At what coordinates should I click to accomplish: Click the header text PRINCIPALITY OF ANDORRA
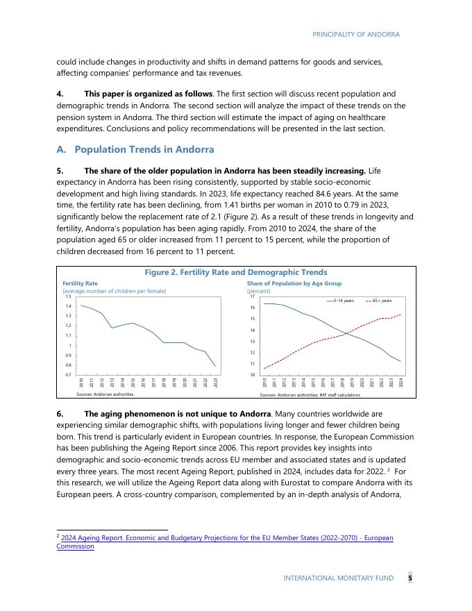click(x=355, y=34)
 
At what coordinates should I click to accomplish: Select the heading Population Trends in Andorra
click(x=144, y=149)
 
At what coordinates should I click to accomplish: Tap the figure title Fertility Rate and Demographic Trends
click(x=235, y=272)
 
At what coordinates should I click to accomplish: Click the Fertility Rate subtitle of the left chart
click(x=80, y=283)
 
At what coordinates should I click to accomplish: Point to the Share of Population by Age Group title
click(x=294, y=283)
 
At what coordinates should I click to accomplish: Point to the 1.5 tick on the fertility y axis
click(x=68, y=296)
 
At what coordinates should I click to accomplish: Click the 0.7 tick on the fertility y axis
click(x=68, y=375)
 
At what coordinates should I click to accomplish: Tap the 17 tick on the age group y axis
click(x=251, y=296)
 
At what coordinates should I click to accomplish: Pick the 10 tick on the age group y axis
click(x=251, y=375)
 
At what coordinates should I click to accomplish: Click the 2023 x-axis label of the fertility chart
click(x=216, y=382)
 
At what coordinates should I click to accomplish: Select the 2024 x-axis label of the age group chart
click(x=401, y=382)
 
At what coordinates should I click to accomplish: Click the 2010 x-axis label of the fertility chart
click(x=81, y=382)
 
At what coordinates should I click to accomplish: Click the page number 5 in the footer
click(x=410, y=578)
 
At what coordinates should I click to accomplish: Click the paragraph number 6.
click(x=60, y=414)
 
